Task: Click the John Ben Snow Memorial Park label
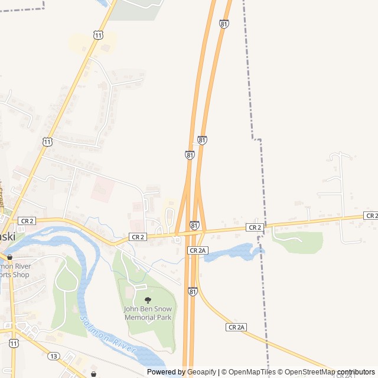(148, 313)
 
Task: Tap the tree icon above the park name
(148, 300)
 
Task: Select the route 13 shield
(54, 356)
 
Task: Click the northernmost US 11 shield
(98, 35)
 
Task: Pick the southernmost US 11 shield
(14, 343)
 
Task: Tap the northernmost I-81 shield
(224, 24)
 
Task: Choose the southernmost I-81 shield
(193, 291)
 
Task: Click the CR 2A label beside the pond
(197, 250)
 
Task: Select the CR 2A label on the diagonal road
(236, 327)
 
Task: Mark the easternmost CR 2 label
(372, 216)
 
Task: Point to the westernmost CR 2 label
(27, 220)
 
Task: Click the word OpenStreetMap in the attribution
(307, 372)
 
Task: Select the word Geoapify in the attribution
(202, 372)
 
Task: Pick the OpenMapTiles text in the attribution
(253, 372)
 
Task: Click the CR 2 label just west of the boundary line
(254, 227)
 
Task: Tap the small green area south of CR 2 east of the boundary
(301, 241)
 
